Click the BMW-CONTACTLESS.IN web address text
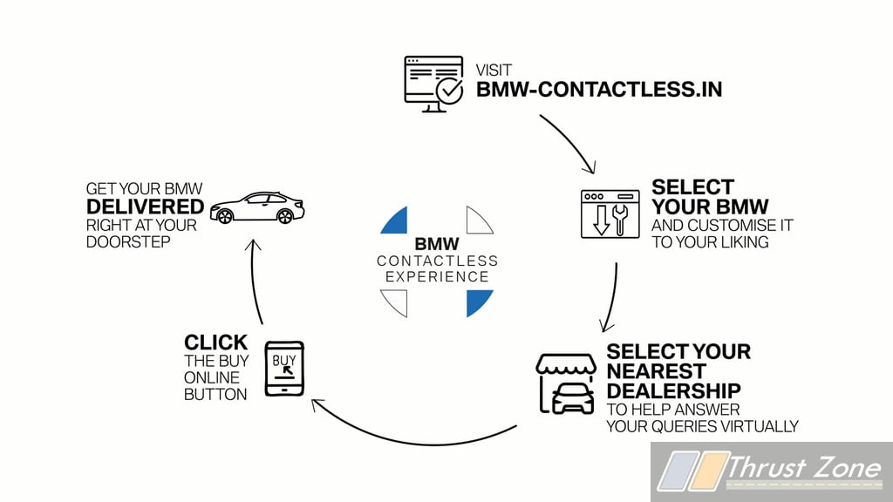[x=599, y=90]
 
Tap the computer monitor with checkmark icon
[x=434, y=84]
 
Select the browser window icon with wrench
[x=610, y=214]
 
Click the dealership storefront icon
[x=566, y=383]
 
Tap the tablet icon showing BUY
[x=284, y=369]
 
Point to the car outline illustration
[x=257, y=207]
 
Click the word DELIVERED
[x=146, y=207]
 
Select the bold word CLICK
[x=216, y=343]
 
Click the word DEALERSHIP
[x=674, y=391]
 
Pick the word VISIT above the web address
[x=494, y=71]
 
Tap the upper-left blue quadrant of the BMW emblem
[x=396, y=221]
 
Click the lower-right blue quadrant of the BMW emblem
[x=479, y=302]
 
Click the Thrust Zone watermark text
[x=804, y=468]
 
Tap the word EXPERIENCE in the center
[x=438, y=277]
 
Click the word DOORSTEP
[x=128, y=242]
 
